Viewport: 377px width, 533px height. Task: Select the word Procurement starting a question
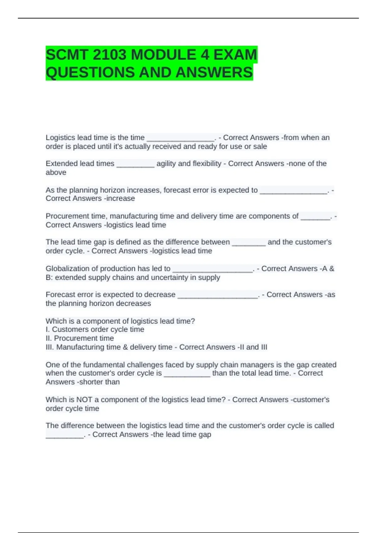point(66,216)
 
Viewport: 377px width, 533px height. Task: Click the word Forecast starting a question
point(59,295)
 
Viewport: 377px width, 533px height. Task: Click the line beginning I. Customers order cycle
point(95,330)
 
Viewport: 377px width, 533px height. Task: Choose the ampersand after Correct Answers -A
point(332,269)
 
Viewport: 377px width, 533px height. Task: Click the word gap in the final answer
point(205,435)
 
